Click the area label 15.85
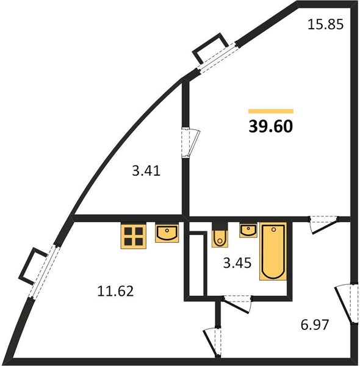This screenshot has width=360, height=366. pyautogui.click(x=325, y=24)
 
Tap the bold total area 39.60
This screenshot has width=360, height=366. pyautogui.click(x=270, y=126)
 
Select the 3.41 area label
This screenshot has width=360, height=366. pyautogui.click(x=146, y=171)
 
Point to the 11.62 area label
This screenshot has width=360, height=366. pyautogui.click(x=115, y=292)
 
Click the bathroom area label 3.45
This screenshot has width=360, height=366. pyautogui.click(x=237, y=263)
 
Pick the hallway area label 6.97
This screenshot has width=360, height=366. pyautogui.click(x=315, y=325)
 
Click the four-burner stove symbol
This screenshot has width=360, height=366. pyautogui.click(x=134, y=236)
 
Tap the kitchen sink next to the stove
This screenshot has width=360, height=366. pyautogui.click(x=167, y=233)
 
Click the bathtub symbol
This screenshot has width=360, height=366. pyautogui.click(x=273, y=252)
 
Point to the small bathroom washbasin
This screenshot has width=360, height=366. pyautogui.click(x=248, y=230)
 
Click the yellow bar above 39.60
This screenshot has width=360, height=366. pyautogui.click(x=271, y=111)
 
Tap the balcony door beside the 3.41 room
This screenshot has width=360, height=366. pyautogui.click(x=190, y=143)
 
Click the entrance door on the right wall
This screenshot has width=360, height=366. pyautogui.click(x=347, y=303)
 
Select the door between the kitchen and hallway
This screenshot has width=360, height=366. pyautogui.click(x=213, y=342)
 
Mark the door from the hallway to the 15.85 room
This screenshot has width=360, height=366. pyautogui.click(x=324, y=224)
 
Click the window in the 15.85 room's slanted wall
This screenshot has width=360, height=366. pyautogui.click(x=217, y=57)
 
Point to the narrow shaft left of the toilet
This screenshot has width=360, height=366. pyautogui.click(x=198, y=265)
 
